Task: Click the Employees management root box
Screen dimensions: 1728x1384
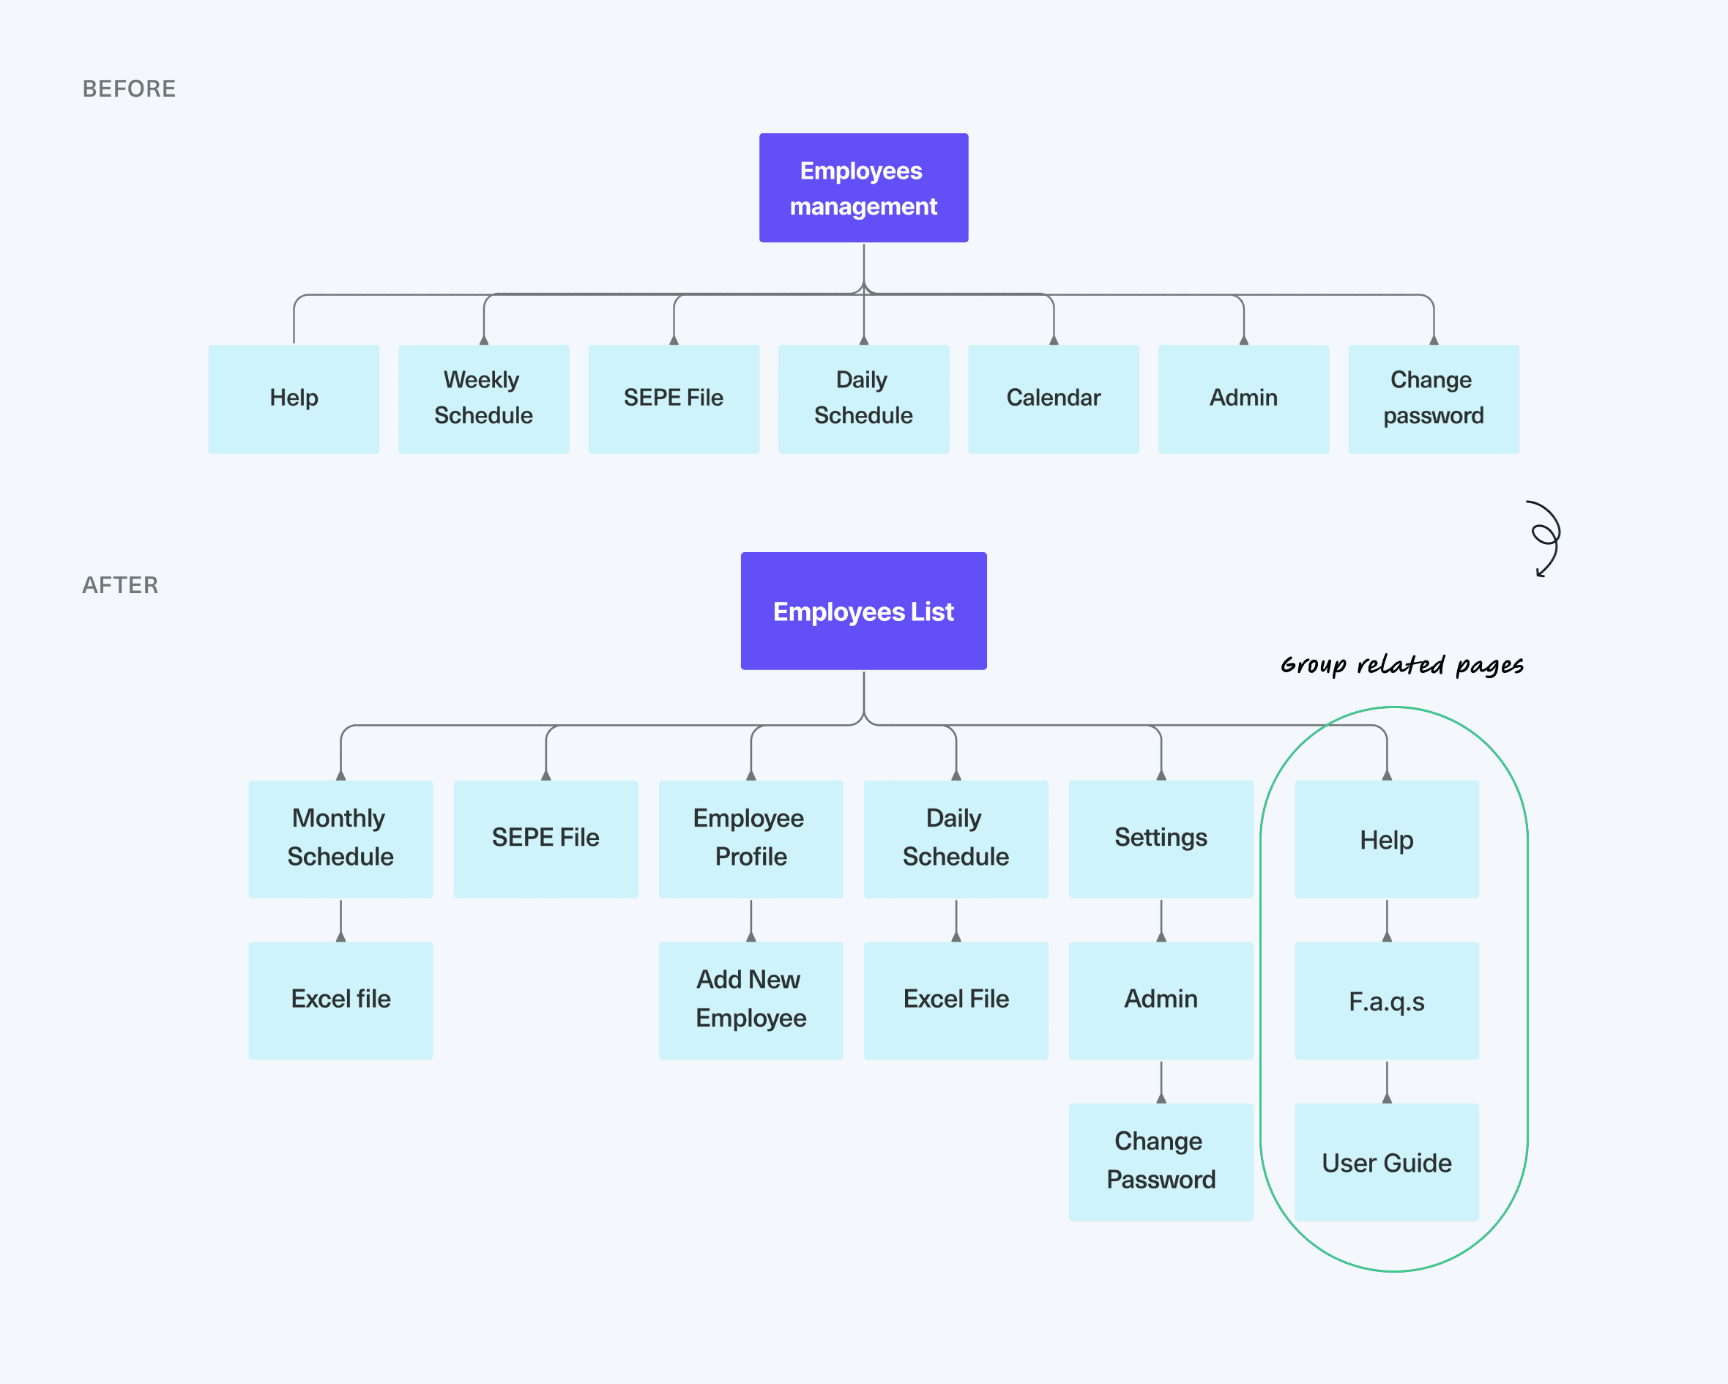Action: coord(863,187)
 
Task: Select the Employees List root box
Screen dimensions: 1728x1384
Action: coord(863,611)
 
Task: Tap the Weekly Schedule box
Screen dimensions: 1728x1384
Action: coord(483,399)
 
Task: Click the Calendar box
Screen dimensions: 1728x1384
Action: coord(1053,399)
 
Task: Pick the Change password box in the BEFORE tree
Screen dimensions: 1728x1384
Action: coord(1433,399)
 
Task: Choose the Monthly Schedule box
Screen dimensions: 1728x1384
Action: coord(340,839)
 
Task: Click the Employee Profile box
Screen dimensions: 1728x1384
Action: coord(751,839)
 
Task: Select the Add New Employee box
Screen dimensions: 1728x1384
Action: coord(751,1000)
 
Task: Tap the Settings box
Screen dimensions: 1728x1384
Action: coord(1161,839)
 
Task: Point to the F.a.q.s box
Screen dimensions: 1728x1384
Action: coord(1387,1000)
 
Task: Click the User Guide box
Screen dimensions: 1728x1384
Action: coord(1387,1162)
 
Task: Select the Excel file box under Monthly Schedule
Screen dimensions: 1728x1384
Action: coord(340,1000)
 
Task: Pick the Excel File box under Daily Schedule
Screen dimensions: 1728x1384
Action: coord(956,1000)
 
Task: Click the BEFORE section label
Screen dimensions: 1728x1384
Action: coord(129,89)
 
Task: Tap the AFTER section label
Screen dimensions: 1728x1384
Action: coord(120,585)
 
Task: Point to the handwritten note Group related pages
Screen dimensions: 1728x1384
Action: coord(1401,665)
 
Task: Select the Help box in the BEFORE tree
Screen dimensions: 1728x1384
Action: coord(294,399)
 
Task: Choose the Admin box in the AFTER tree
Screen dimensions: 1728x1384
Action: coord(1161,1000)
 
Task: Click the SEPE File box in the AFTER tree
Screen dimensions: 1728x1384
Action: coord(545,839)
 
